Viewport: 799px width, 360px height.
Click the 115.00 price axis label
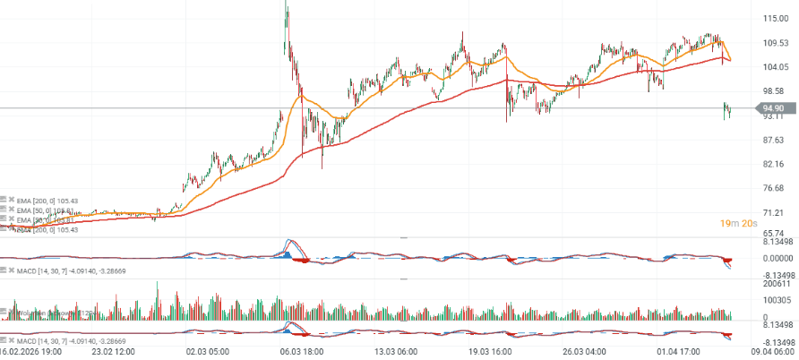click(775, 18)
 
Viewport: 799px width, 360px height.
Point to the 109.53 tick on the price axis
click(775, 42)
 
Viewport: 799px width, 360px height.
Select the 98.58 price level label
click(775, 90)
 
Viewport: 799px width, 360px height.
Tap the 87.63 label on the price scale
click(775, 140)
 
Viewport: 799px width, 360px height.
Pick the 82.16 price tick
click(775, 164)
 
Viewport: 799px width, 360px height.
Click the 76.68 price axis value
click(775, 188)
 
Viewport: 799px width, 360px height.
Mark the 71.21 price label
click(775, 212)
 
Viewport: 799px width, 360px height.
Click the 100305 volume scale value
click(774, 300)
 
